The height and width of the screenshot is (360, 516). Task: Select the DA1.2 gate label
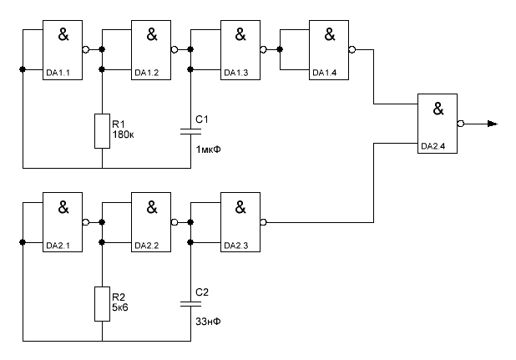(146, 73)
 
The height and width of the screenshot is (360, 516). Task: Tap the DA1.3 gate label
(235, 73)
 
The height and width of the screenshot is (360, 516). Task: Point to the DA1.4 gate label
(324, 73)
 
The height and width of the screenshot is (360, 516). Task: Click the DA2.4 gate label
(433, 147)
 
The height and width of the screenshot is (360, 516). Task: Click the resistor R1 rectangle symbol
(102, 130)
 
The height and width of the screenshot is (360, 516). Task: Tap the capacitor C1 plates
(191, 131)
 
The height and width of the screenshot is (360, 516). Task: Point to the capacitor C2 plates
(191, 304)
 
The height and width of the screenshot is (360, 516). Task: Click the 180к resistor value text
(124, 134)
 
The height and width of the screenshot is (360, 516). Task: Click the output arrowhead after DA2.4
(493, 124)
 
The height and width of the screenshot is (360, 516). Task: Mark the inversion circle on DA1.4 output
(352, 50)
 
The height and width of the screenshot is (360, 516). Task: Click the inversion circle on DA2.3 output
(263, 222)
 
